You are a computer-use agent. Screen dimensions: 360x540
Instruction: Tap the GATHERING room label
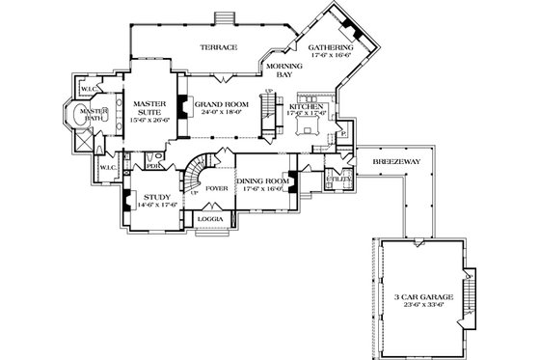[x=330, y=47]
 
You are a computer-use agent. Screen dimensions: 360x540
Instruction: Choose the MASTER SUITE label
[x=151, y=106]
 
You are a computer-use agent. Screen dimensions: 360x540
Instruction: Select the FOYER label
[x=216, y=189]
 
